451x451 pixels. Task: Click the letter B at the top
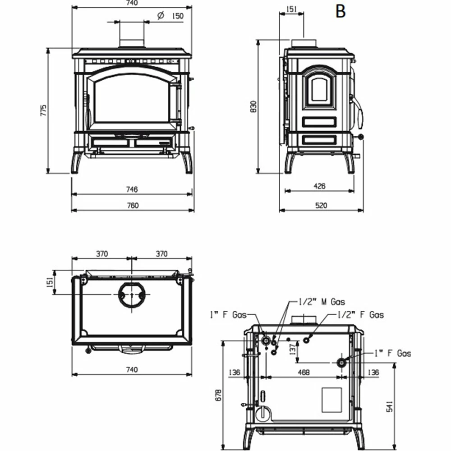click(341, 12)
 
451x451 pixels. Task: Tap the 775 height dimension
click(43, 110)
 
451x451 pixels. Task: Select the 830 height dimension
click(253, 107)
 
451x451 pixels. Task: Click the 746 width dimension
click(132, 189)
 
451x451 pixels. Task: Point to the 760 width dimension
click(133, 205)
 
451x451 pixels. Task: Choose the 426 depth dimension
click(319, 186)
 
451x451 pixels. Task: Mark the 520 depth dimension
click(321, 205)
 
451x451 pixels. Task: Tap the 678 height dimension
click(219, 395)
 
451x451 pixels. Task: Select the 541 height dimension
click(390, 406)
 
